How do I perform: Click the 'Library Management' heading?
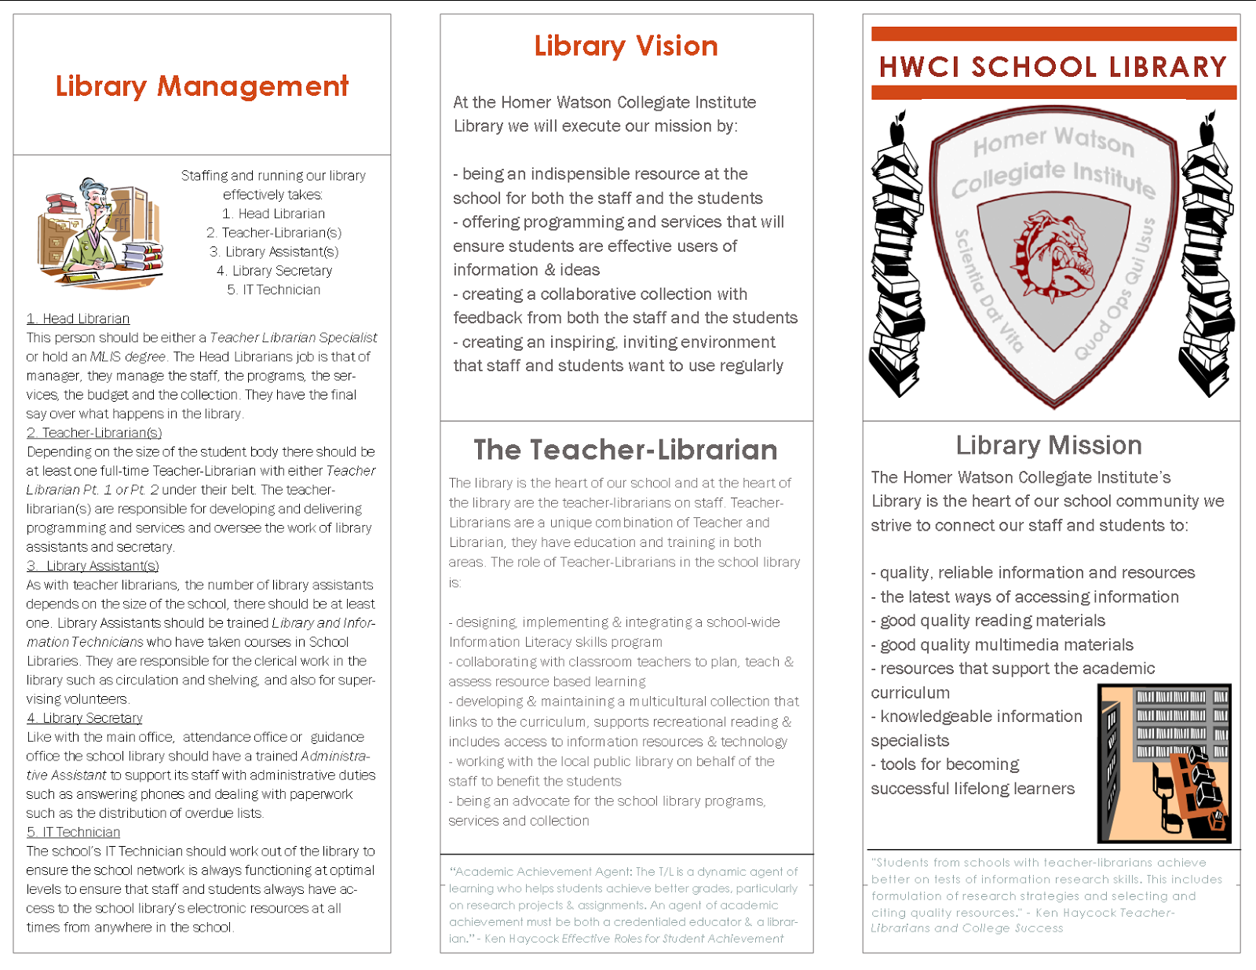click(202, 86)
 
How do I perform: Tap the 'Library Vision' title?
click(626, 46)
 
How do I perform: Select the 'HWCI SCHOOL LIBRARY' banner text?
click(1053, 67)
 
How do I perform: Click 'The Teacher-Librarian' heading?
click(626, 450)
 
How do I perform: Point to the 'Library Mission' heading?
click(1049, 446)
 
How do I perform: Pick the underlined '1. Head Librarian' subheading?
click(78, 319)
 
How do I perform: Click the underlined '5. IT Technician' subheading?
click(73, 832)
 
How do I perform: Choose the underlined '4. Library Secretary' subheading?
click(84, 718)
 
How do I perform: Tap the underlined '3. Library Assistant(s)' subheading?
click(93, 566)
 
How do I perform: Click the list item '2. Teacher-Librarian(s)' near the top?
click(274, 233)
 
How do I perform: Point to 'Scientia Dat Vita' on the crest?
click(988, 291)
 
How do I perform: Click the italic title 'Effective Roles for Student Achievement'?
click(673, 939)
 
